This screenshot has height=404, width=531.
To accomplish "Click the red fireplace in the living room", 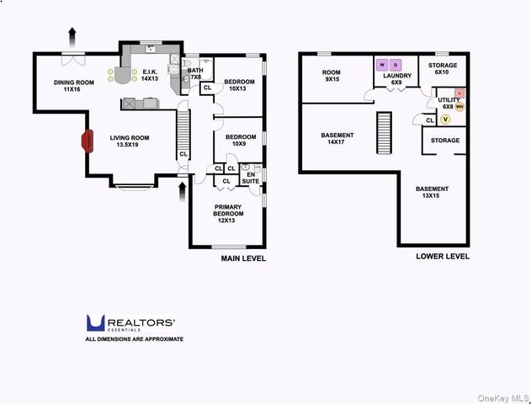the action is pos(88,141).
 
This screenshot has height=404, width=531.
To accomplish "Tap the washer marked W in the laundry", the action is pos(382,65).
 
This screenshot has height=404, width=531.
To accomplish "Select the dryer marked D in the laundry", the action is pos(396,65).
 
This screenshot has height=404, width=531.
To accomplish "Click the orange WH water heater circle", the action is pos(459,107).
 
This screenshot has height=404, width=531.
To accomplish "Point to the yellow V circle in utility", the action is pos(445,120).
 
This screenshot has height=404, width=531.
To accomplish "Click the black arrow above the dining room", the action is pos(72,37).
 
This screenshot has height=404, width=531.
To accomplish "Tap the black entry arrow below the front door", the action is pos(183,192).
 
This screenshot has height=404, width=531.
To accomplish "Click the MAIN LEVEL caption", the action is pos(243,258).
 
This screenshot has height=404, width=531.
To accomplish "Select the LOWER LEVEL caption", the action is pos(443,257).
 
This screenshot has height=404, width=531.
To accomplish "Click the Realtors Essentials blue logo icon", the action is pos(95,322).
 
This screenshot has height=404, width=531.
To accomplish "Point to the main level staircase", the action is pos(183,135).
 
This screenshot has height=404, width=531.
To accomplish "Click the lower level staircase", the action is pos(384,133).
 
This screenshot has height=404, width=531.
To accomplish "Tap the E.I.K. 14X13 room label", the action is pos(149,76).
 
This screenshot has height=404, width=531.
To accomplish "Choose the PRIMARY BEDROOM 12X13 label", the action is pos(228,214).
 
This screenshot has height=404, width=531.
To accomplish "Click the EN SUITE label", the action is pos(251,178).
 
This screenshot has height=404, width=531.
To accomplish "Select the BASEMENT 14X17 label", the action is pos(337,139).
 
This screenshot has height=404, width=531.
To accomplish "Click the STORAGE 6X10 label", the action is pos(443,68).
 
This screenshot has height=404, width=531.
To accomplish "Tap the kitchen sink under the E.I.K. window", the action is pos(151,50).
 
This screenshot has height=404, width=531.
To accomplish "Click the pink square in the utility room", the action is pos(459,93).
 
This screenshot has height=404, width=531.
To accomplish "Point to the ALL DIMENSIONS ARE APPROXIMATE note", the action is pos(135,339).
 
